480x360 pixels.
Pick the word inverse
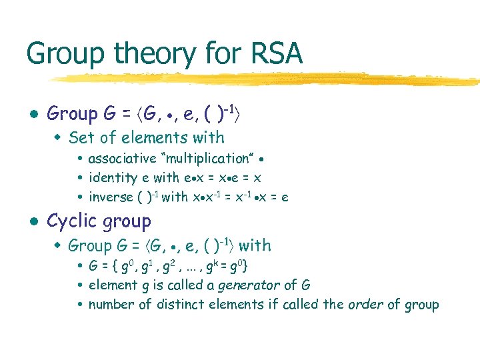[110, 197]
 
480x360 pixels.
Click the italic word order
[365, 305]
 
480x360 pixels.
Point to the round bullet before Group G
[33, 115]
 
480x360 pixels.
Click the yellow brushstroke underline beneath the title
[267, 78]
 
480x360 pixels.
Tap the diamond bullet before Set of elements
[58, 139]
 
